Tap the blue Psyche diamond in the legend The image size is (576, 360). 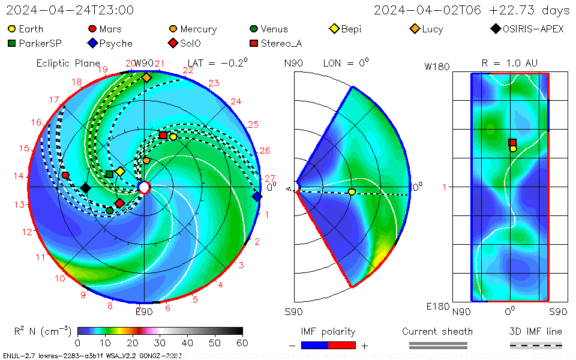point(92,43)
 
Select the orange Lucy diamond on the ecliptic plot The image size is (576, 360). point(146,77)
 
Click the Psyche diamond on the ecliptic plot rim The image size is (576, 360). point(257,196)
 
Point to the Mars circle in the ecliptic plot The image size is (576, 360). point(65,175)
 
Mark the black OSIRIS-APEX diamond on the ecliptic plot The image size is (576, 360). point(85,188)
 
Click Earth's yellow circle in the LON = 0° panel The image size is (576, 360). point(352,192)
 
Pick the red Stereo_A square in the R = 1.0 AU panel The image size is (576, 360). point(512,143)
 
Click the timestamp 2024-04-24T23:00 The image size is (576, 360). point(70,11)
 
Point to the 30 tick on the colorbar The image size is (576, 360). point(160,343)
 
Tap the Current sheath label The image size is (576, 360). point(437,331)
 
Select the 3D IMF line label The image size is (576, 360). point(536,331)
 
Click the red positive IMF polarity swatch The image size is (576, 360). point(342,345)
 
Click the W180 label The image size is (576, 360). point(437,67)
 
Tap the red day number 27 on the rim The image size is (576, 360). point(269,179)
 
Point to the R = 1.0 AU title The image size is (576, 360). point(509,63)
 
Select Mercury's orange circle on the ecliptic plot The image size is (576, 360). point(146,161)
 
